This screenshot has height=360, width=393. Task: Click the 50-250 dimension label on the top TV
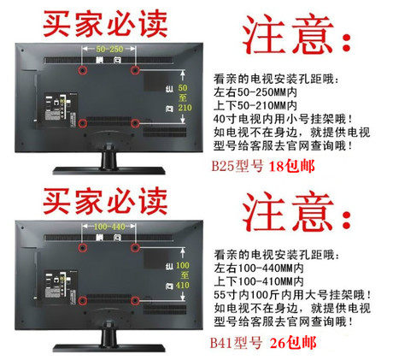pyautogui.click(x=109, y=49)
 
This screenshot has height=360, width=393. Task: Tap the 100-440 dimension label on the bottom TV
pyautogui.click(x=109, y=227)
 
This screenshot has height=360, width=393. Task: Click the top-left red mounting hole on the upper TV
pyautogui.click(x=83, y=70)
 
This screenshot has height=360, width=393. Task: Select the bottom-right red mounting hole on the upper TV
pyautogui.click(x=135, y=123)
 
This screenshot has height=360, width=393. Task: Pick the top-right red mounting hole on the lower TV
pyautogui.click(x=135, y=248)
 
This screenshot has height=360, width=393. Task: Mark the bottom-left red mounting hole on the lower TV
pyautogui.click(x=83, y=301)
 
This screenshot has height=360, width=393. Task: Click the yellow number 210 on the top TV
pyautogui.click(x=185, y=108)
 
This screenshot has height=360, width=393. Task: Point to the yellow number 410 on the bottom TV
pyautogui.click(x=183, y=286)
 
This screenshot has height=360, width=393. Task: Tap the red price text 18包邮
pyautogui.click(x=292, y=166)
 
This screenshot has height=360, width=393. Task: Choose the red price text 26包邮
pyautogui.click(x=293, y=343)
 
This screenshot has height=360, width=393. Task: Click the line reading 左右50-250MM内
pyautogui.click(x=255, y=92)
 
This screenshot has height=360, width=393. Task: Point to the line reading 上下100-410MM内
pyautogui.click(x=259, y=281)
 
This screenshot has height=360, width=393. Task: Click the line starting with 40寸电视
pyautogui.click(x=284, y=119)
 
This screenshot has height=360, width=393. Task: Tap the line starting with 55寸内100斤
pyautogui.click(x=293, y=295)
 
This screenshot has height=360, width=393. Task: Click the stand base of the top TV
pyautogui.click(x=109, y=171)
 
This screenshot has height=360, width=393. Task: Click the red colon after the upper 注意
pyautogui.click(x=346, y=42)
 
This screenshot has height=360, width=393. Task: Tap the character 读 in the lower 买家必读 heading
pyautogui.click(x=154, y=201)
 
